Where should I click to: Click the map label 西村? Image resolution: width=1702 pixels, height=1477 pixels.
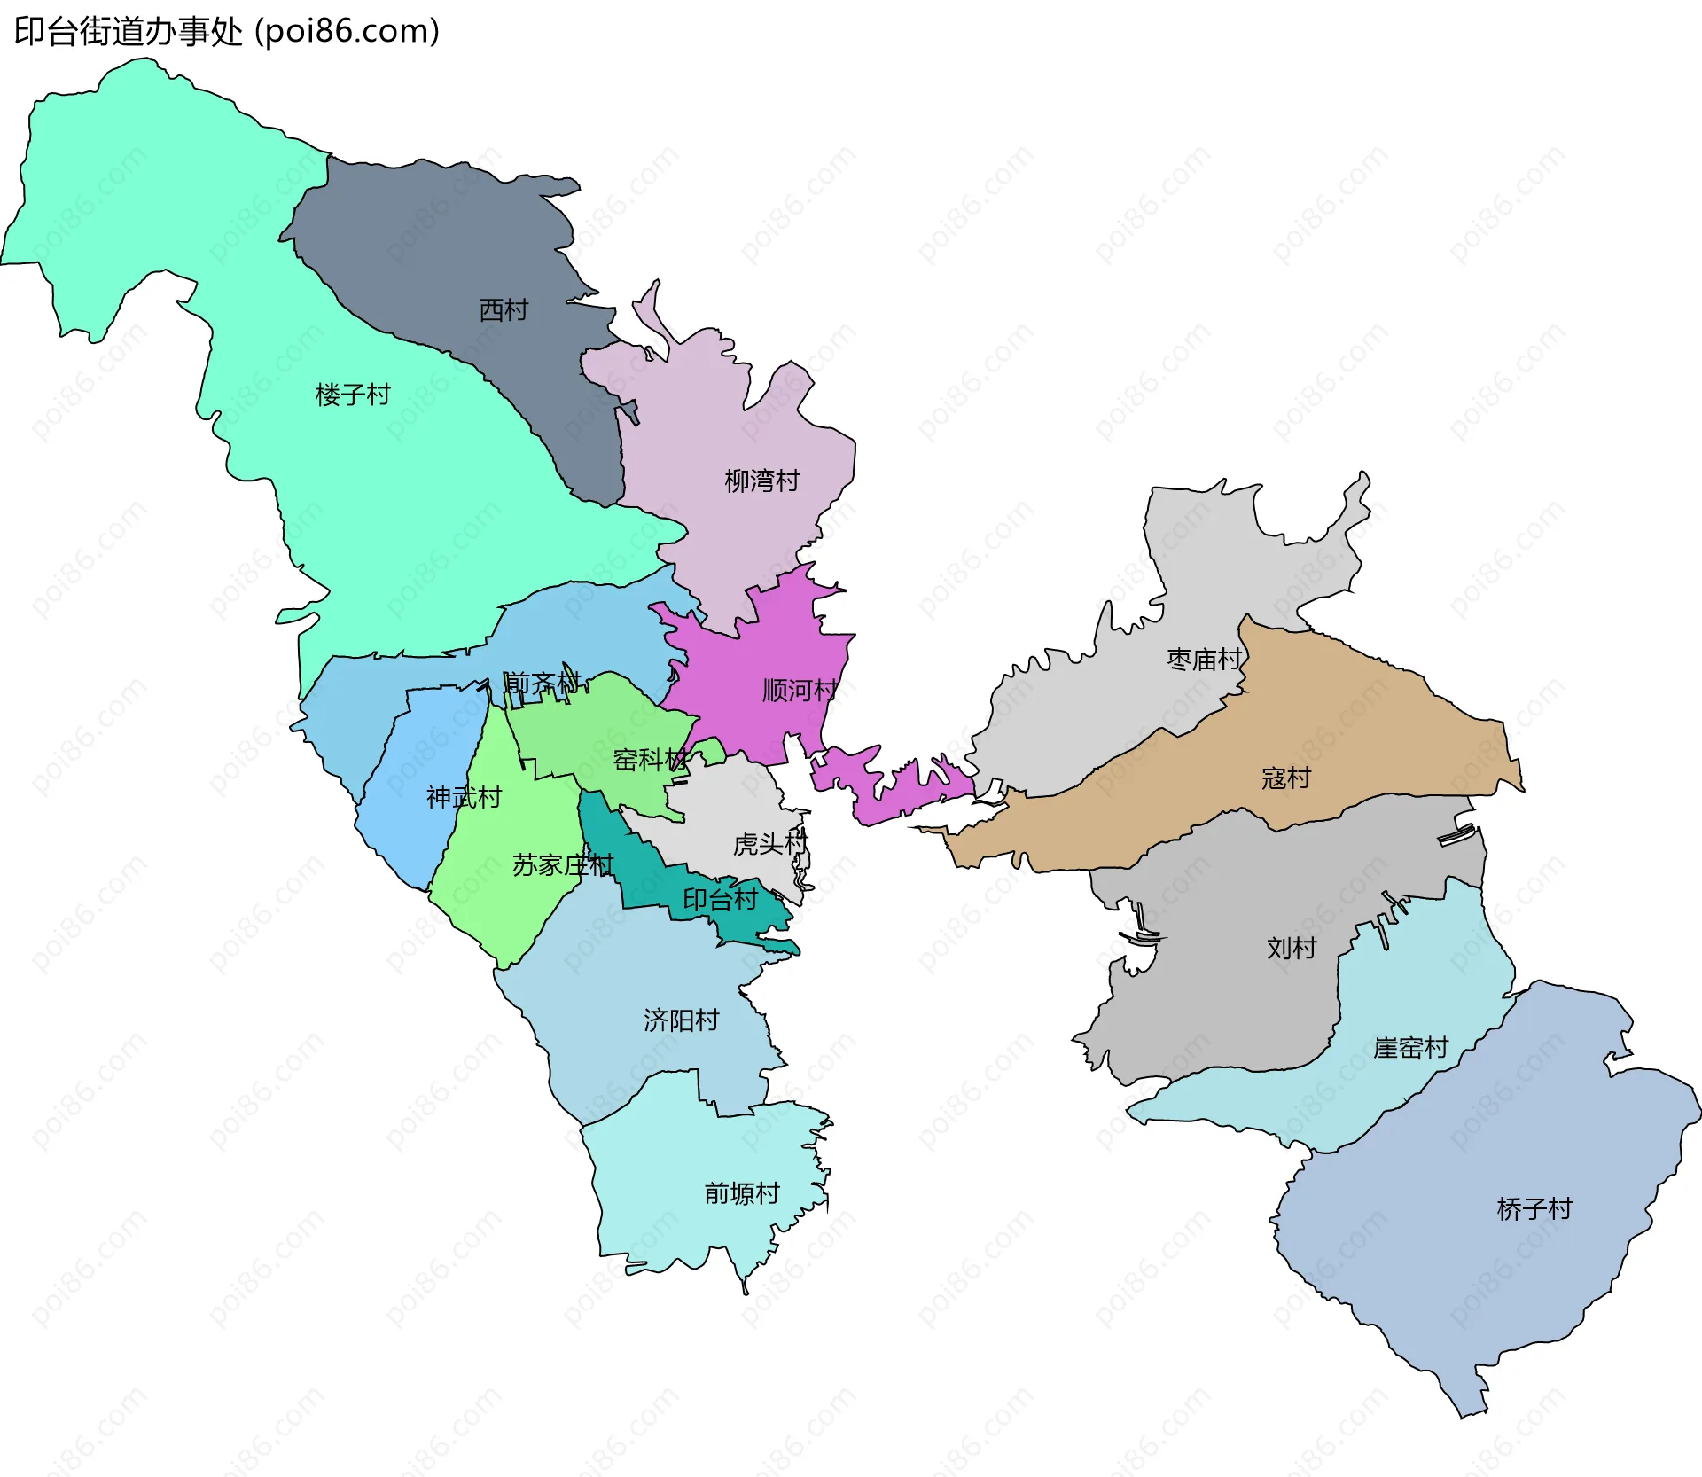click(503, 310)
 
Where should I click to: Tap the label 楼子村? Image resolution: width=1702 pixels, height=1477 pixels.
click(353, 395)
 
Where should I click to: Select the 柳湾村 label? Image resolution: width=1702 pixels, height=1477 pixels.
click(761, 481)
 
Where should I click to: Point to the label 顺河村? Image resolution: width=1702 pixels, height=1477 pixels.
click(799, 691)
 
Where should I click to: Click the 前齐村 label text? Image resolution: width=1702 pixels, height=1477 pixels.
click(542, 684)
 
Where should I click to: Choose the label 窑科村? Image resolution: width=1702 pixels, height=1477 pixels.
click(650, 760)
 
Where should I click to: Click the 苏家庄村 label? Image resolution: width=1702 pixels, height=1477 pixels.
click(562, 865)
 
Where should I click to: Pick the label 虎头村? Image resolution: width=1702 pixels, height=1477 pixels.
click(769, 844)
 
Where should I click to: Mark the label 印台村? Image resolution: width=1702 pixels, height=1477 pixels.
click(720, 900)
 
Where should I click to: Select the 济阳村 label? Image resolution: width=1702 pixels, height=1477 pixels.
click(681, 1020)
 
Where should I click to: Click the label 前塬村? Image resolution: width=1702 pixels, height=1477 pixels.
click(741, 1194)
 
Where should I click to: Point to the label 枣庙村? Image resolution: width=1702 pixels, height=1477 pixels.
click(1204, 660)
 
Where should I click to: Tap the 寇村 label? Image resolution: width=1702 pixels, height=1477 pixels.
click(1285, 778)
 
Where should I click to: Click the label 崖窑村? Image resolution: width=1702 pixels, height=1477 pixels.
click(1409, 1048)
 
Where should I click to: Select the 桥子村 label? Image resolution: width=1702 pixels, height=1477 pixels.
click(1534, 1209)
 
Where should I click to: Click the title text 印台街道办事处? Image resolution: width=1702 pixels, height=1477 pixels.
click(128, 32)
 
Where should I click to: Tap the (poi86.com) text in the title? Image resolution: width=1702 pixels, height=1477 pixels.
click(347, 32)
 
